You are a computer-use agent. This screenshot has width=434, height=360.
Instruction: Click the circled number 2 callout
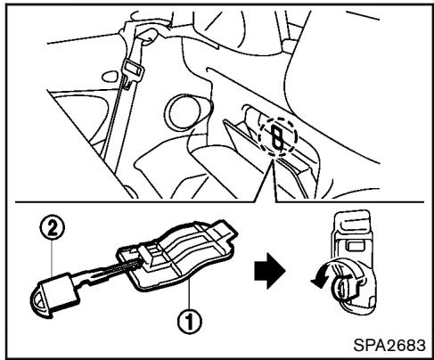(52, 229)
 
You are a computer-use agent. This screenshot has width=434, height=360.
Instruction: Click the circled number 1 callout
(189, 322)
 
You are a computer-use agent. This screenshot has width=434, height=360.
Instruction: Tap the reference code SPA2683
(389, 345)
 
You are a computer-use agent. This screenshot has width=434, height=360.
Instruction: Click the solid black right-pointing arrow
(269, 271)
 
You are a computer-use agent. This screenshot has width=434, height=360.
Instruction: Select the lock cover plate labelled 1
(178, 256)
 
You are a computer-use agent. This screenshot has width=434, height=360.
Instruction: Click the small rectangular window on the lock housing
(355, 245)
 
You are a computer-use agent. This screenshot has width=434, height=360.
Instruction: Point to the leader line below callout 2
(52, 258)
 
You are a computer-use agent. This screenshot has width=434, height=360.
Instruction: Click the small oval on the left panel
(109, 76)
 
